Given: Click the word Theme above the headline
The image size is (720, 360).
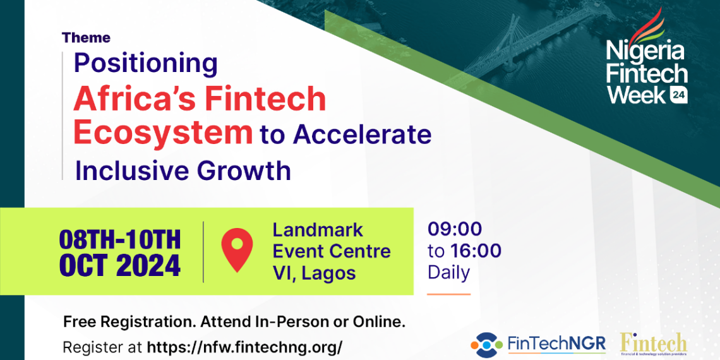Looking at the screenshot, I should (x=86, y=38).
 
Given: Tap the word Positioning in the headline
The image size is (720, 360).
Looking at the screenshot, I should (x=145, y=63).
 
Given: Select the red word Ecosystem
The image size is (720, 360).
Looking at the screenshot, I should (x=162, y=133).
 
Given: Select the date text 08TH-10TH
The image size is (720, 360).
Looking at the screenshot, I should (x=120, y=240).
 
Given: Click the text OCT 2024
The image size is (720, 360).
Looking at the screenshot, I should (x=120, y=266).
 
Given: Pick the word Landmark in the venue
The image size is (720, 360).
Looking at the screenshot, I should (x=317, y=230).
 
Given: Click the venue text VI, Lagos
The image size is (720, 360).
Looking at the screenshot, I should (x=314, y=273).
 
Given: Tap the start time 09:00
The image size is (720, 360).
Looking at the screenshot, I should (x=455, y=229).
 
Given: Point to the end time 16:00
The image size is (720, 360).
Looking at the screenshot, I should (x=476, y=251).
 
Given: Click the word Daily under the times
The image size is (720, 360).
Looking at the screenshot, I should (x=448, y=273).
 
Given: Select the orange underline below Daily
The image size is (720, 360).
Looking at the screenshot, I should (x=448, y=294).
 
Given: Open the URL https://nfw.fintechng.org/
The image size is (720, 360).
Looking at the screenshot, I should (x=244, y=347).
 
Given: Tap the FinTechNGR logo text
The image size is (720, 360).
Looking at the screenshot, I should (x=556, y=344).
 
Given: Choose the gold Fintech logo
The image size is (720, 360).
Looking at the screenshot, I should (x=653, y=344).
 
